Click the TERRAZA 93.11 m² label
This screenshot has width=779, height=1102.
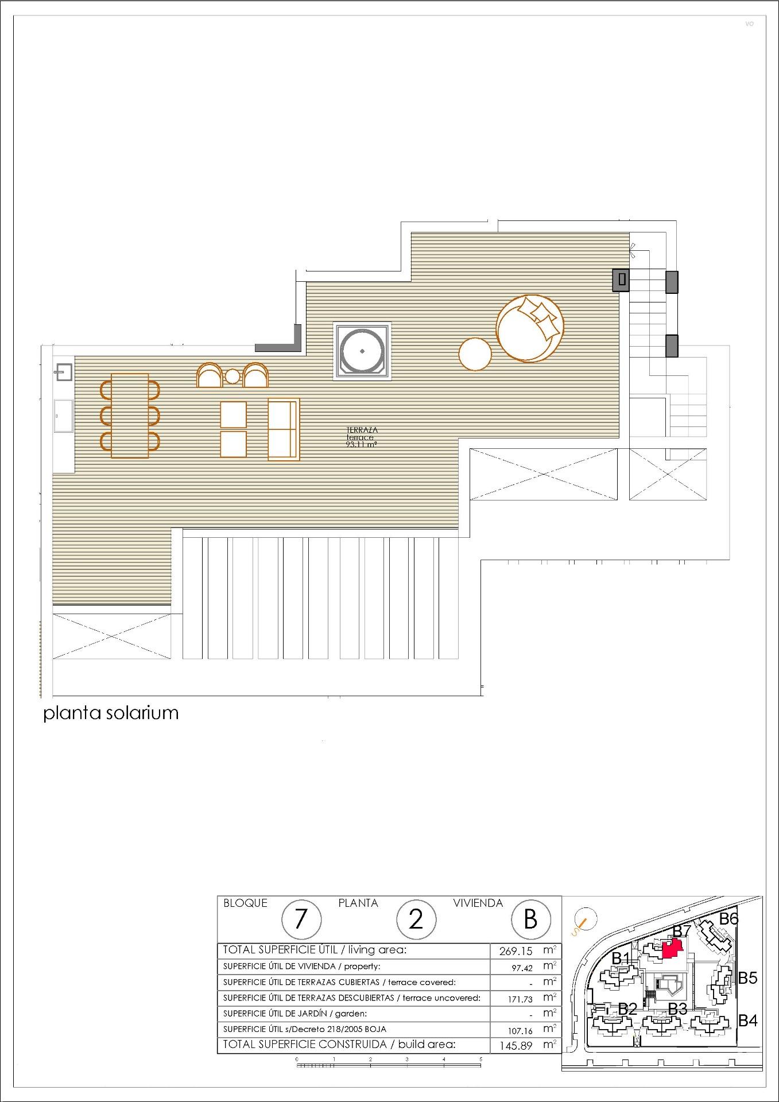[x=362, y=436]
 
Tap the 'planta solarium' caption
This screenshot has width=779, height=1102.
[x=111, y=713]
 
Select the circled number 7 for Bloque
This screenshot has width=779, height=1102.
[x=300, y=920]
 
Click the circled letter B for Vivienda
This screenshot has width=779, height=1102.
[x=530, y=919]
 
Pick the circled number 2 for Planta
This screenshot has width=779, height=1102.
[x=415, y=920]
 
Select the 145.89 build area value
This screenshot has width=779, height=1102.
[x=516, y=1046]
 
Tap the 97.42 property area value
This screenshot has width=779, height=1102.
[x=522, y=968]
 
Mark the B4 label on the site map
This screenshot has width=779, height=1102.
[x=747, y=1021]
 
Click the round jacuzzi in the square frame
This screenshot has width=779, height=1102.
[x=362, y=351]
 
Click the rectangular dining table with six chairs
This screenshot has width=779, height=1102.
[x=130, y=416]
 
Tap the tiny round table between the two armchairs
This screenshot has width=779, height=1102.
[x=232, y=377]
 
